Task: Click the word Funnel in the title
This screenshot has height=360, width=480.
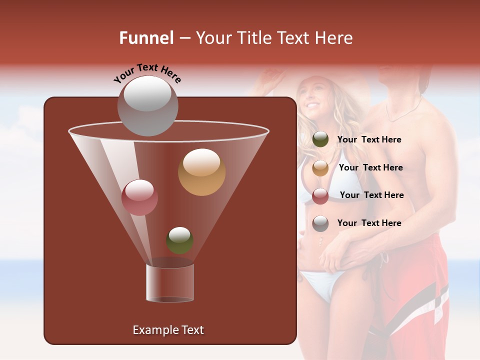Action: (146, 38)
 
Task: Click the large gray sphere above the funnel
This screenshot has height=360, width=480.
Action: (147, 105)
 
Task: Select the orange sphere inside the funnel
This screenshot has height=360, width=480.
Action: (201, 172)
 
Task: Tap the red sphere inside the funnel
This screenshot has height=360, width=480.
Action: (139, 197)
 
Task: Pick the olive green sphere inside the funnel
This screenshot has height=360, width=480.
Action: (179, 240)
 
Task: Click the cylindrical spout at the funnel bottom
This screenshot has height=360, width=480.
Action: (170, 282)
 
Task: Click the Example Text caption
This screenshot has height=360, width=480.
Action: (168, 330)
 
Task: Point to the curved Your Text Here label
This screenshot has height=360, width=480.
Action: (147, 73)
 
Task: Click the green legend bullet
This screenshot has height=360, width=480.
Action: (320, 139)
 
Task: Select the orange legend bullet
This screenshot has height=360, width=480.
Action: (320, 168)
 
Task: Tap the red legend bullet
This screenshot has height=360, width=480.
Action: (320, 196)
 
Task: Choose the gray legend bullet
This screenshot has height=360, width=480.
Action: (320, 223)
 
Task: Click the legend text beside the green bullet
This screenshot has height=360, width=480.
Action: (369, 140)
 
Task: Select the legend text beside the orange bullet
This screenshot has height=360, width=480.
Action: (370, 168)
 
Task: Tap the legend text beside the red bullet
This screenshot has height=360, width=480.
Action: (371, 195)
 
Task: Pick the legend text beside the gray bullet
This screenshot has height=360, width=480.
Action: (369, 223)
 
